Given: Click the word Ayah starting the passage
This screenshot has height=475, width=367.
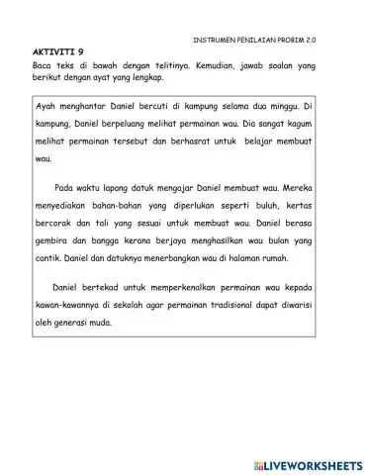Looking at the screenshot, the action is (x=44, y=106).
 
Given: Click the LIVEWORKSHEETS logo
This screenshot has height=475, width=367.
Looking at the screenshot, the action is (x=302, y=462).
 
